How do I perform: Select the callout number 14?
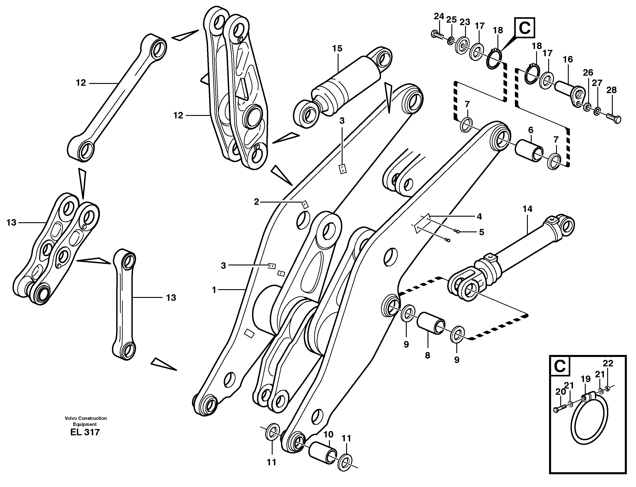[527, 209]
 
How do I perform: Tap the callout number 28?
[612, 90]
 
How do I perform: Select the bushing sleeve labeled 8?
[431, 323]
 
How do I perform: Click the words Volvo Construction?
[86, 418]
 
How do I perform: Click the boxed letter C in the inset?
[559, 366]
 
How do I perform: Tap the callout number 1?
[214, 290]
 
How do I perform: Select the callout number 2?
[256, 202]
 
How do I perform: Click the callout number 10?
[328, 443]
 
